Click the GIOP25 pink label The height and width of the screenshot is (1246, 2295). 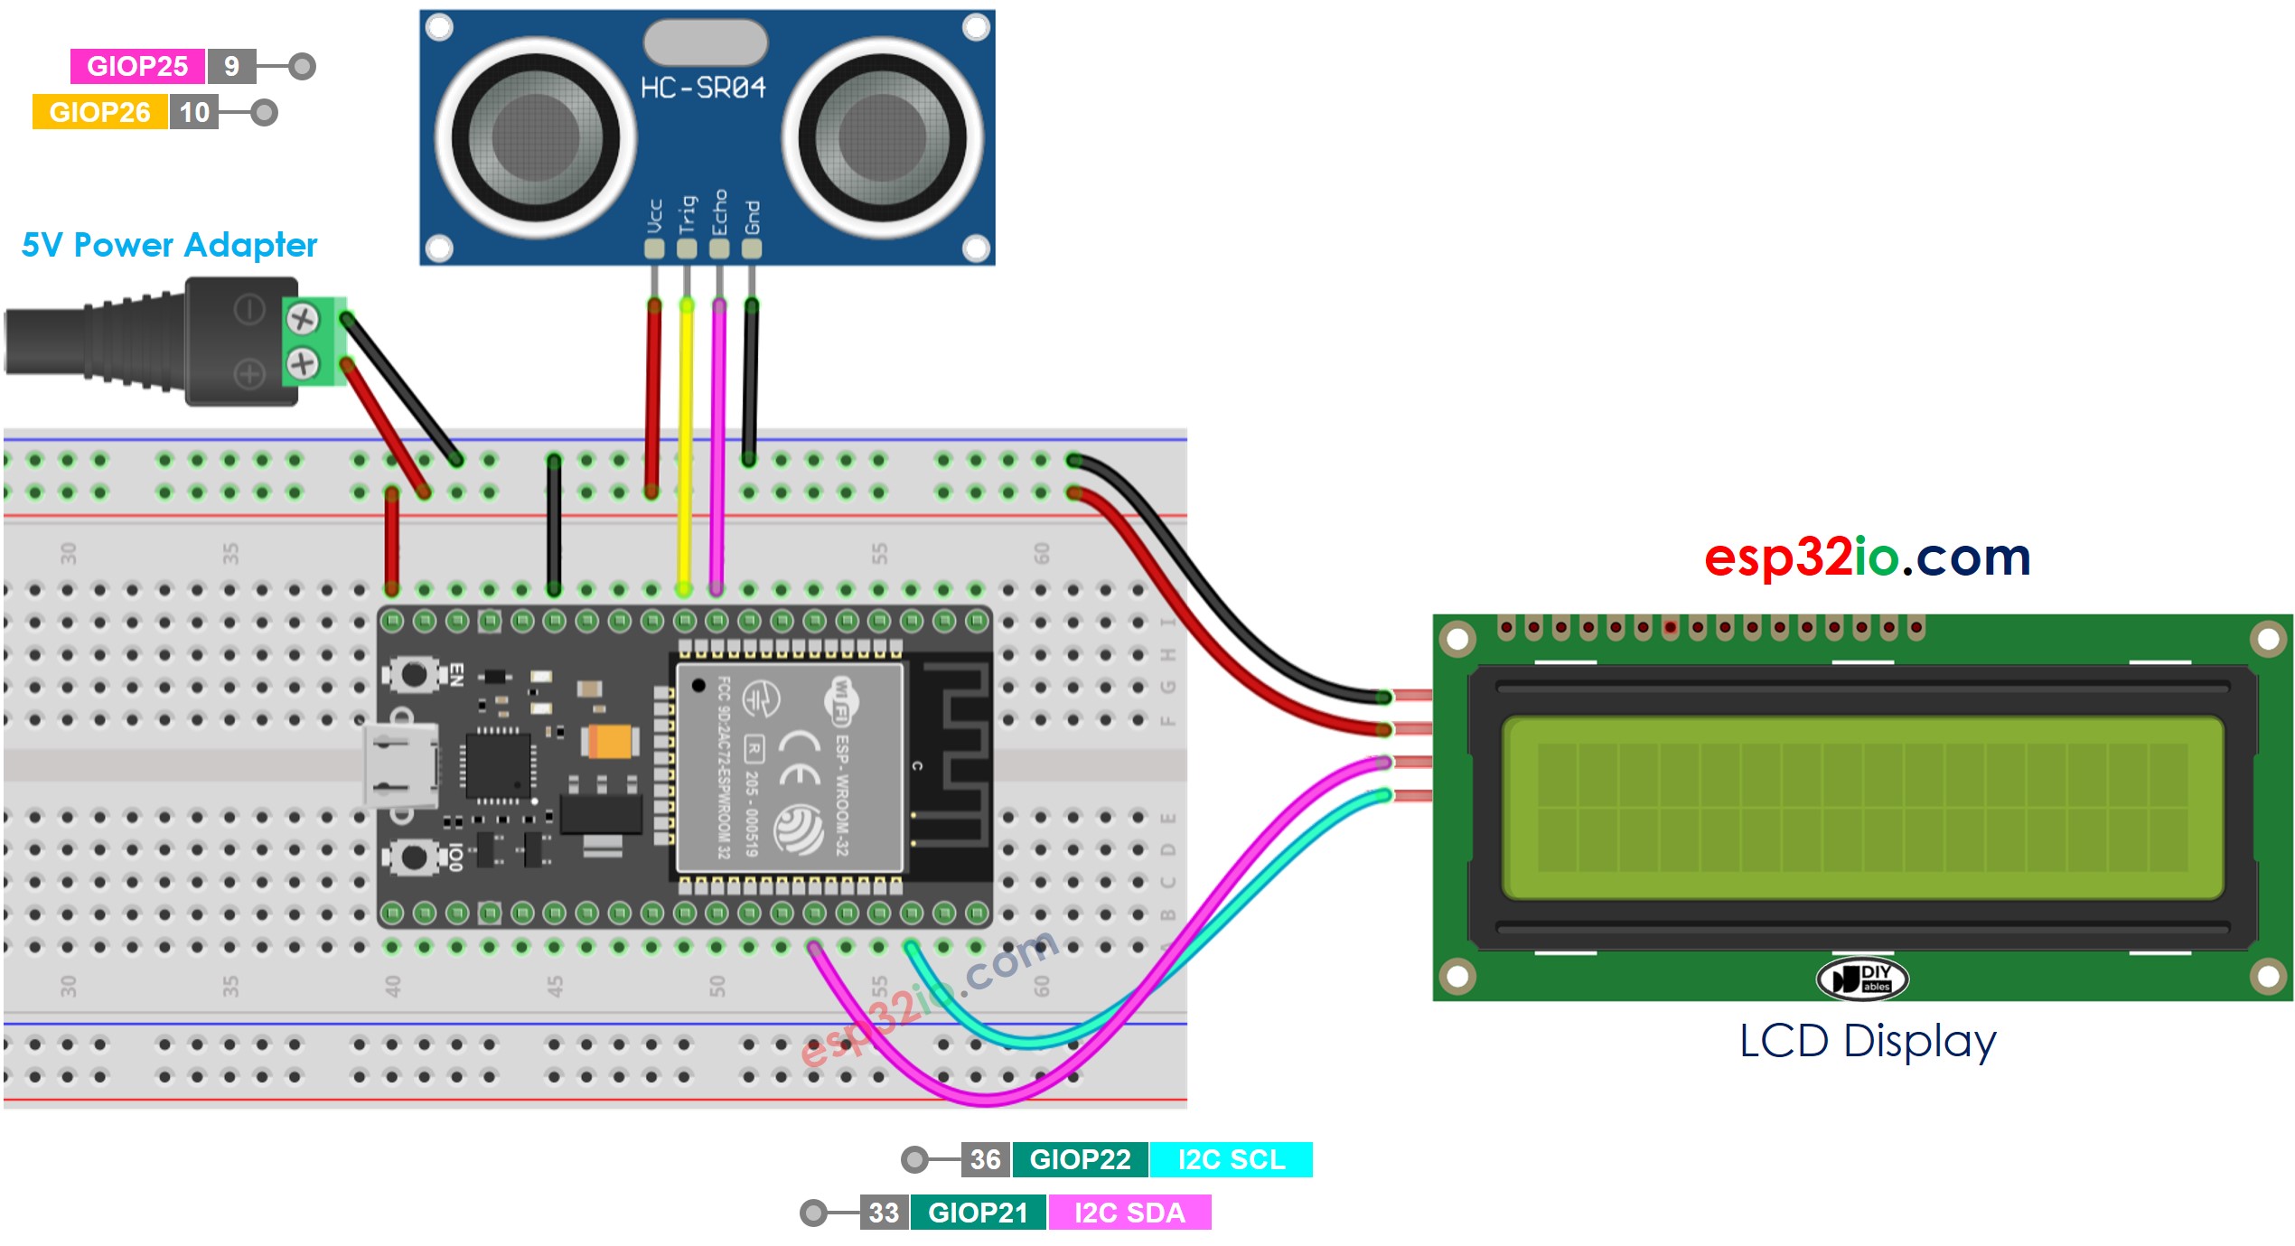[137, 66]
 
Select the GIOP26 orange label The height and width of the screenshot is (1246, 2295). [99, 112]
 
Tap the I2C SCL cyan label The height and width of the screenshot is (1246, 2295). [1231, 1159]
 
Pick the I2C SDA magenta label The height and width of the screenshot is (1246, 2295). [1129, 1213]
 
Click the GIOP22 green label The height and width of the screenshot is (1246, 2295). [1080, 1159]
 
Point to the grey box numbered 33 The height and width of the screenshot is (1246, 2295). [884, 1213]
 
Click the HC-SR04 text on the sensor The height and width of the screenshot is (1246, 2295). [703, 88]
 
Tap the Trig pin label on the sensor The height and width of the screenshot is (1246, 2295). [688, 214]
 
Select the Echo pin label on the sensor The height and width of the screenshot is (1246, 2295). [719, 212]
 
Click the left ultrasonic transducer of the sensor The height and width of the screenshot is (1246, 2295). [536, 138]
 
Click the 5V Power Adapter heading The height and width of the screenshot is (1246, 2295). [169, 245]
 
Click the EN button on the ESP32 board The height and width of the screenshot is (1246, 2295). [414, 674]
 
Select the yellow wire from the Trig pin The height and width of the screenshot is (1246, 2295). [686, 443]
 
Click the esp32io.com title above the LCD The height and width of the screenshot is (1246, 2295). [1867, 557]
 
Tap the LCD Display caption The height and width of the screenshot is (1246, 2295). [1867, 1041]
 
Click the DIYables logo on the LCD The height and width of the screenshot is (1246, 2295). [1861, 979]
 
